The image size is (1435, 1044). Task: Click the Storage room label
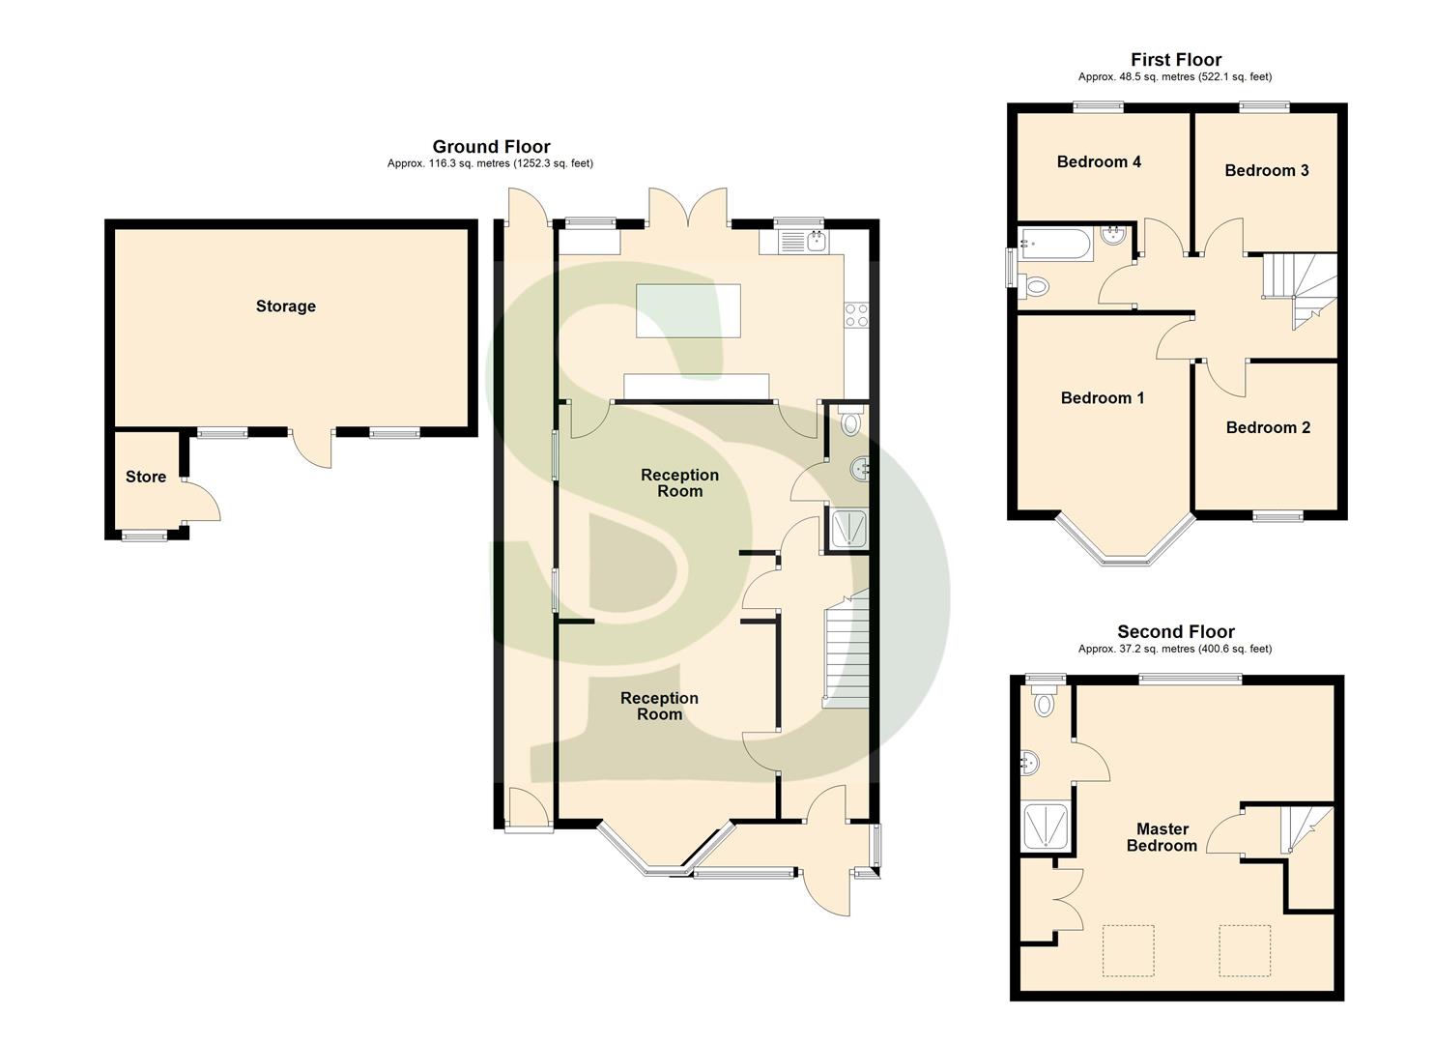pos(285,306)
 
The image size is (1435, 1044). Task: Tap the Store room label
pos(146,477)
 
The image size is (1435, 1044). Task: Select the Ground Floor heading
pos(491,147)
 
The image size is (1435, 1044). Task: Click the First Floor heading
pos(1176,60)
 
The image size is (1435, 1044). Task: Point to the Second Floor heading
pos(1176,632)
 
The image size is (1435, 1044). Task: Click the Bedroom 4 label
pos(1099,161)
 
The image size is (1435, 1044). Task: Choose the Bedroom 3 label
pos(1266,171)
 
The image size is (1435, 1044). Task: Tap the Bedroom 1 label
pos(1103,398)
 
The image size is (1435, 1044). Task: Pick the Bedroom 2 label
pos(1268,427)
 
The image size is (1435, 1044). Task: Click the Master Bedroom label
pos(1162,837)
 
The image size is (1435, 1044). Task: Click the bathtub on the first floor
pos(1055,243)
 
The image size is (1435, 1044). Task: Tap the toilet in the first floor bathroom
pos(1034,285)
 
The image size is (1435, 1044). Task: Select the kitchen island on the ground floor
pos(687,310)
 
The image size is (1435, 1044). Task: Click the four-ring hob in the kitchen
pos(856,314)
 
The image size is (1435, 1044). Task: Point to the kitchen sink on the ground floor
pos(816,241)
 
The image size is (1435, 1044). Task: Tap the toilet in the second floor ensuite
pos(1044,702)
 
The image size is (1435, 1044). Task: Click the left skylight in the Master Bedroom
pos(1129,950)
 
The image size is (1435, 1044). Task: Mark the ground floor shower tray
pos(848,529)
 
